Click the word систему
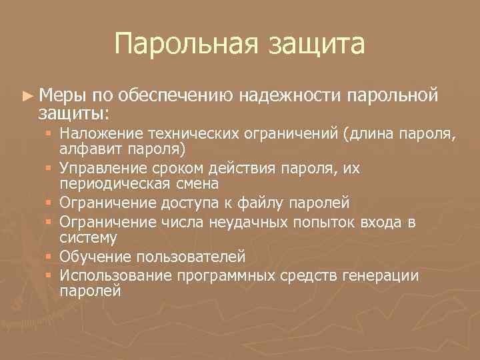click(x=89, y=237)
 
